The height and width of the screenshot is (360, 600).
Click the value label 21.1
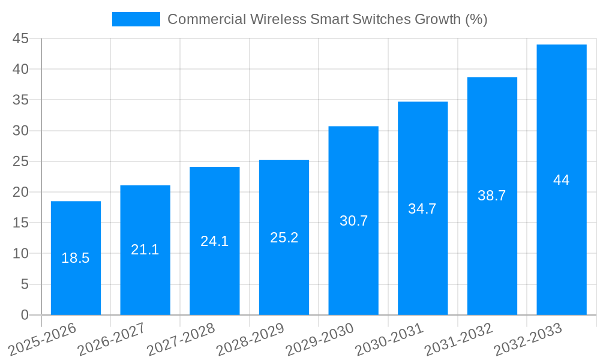[x=145, y=250]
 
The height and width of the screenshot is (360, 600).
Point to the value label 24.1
[x=215, y=241]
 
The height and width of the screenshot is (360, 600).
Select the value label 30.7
[x=353, y=221]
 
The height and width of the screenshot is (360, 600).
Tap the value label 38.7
[x=492, y=196]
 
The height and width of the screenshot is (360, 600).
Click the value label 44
[x=562, y=180]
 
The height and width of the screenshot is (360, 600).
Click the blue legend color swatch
[x=136, y=19]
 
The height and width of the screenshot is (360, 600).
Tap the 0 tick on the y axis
[x=25, y=314]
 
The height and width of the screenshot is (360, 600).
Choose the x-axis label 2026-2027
[x=112, y=340]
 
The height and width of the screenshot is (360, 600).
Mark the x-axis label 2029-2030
[x=320, y=340]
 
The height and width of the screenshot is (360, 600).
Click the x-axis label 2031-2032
[x=459, y=340]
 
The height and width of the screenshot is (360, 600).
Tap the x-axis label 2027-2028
[x=181, y=340]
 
